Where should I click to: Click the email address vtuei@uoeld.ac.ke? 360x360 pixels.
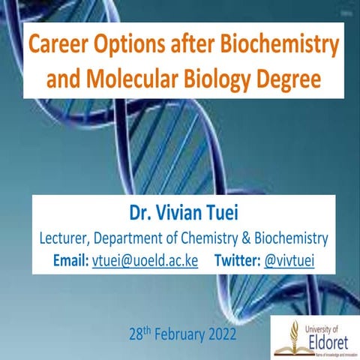144,262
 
